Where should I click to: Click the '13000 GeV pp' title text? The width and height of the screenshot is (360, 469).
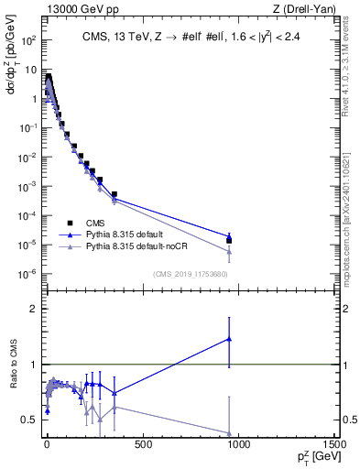[72, 8]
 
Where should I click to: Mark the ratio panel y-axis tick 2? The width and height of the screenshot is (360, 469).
[33, 309]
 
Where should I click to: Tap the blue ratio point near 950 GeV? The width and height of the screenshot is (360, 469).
[229, 339]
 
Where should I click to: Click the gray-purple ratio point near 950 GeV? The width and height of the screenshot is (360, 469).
[229, 433]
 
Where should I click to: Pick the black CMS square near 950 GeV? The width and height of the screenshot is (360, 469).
[229, 241]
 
